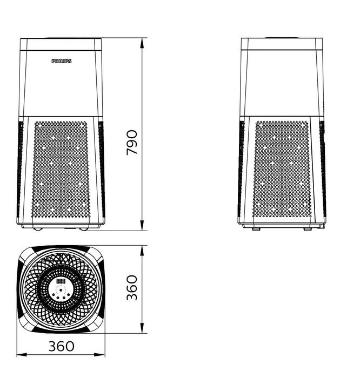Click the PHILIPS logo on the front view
coord(61,62)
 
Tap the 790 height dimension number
coord(132,142)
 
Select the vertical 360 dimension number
coord(132,287)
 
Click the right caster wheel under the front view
coord(84,230)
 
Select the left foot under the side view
coord(256,229)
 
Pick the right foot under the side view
coord(307,229)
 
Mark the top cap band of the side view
coord(281,44)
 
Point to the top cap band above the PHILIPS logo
coord(61,44)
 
